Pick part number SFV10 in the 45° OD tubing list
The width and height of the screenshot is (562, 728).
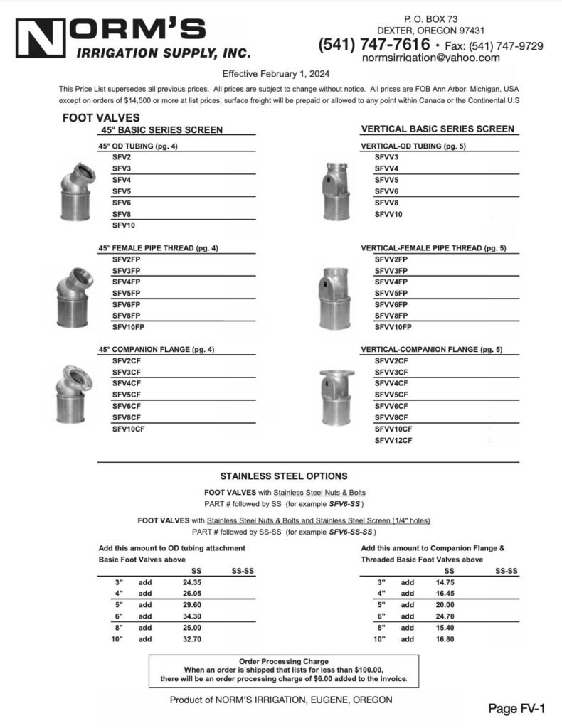(124, 225)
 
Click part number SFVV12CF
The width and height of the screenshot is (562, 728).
(393, 441)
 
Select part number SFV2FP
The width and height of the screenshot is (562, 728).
(126, 259)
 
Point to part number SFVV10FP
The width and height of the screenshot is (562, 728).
(393, 328)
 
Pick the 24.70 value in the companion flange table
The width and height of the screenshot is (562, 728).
(445, 616)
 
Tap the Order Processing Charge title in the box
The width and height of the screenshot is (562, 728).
(284, 660)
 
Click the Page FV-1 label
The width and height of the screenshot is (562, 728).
(516, 708)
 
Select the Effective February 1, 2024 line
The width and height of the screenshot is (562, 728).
(276, 73)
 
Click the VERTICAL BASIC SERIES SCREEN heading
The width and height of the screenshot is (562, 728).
(438, 129)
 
